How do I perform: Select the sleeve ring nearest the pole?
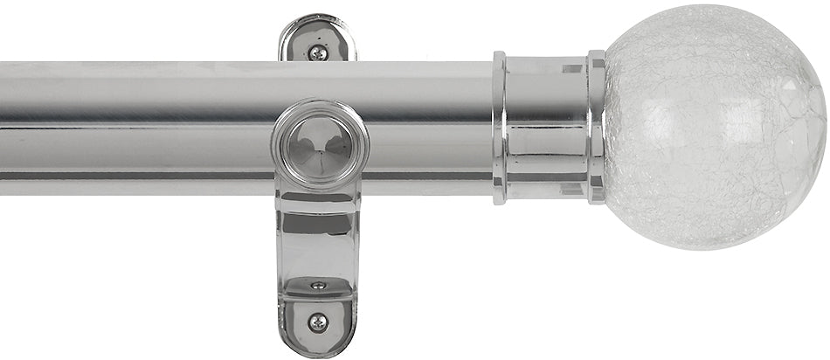(500, 128)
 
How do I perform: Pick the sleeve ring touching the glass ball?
(597, 128)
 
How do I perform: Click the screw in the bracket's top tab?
(318, 52)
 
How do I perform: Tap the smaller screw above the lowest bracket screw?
(318, 285)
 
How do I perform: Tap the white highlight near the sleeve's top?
(572, 66)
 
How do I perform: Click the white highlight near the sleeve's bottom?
(572, 187)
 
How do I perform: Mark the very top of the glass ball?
(712, 7)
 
